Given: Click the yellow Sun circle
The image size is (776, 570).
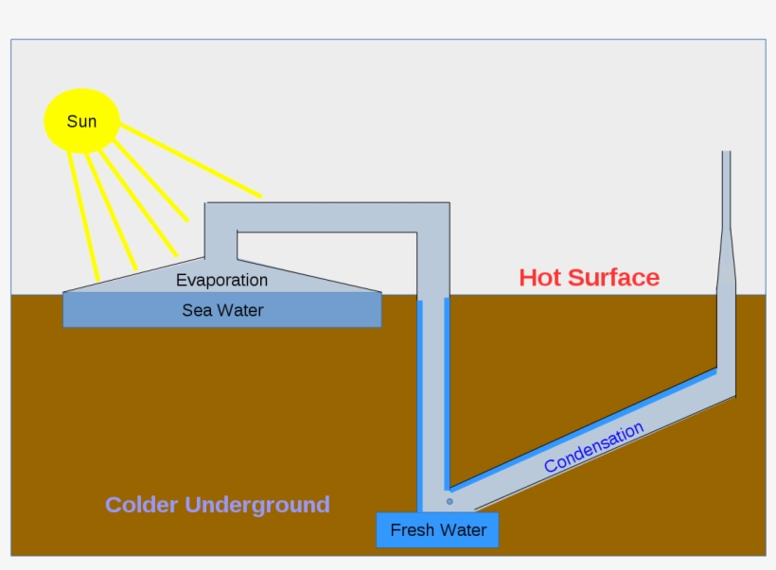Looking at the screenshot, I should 81,121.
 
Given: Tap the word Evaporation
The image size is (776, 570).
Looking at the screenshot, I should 221,280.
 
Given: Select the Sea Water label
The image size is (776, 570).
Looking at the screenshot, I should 222,310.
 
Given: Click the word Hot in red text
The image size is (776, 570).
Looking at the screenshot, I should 540,277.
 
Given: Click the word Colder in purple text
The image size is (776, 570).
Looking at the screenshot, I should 141,505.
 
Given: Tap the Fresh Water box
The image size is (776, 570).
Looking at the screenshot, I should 437,529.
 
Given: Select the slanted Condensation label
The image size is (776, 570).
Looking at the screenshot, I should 593,447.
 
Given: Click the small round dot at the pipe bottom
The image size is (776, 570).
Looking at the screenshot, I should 450,501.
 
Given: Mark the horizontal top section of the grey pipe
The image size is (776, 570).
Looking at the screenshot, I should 326,216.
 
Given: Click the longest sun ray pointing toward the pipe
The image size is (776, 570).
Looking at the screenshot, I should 189,161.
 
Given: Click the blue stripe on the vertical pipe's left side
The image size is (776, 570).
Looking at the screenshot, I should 419,406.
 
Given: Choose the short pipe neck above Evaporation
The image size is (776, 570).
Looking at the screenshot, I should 220,243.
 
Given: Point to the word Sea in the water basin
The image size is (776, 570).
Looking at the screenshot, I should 196,310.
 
